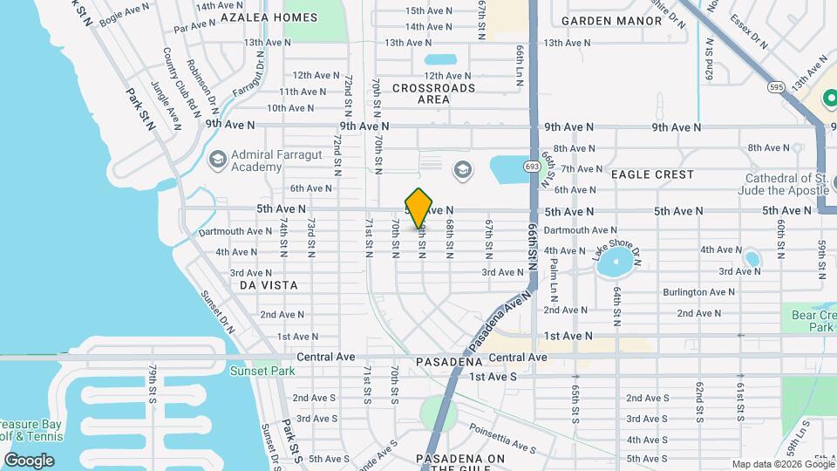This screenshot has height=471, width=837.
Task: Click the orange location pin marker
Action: point(419,208)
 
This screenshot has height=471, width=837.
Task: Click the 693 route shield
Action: point(531,166)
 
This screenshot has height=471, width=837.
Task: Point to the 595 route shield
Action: point(777,87)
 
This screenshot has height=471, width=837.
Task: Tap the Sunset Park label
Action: point(262,371)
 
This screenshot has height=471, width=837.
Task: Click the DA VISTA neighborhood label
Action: point(269,285)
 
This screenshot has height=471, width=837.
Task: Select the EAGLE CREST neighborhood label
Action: point(652,174)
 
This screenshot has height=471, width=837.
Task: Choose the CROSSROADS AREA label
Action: point(433,93)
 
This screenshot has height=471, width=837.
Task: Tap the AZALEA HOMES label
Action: point(256,17)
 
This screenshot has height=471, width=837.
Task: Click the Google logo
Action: point(30,460)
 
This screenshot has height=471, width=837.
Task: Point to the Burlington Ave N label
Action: point(695,292)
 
